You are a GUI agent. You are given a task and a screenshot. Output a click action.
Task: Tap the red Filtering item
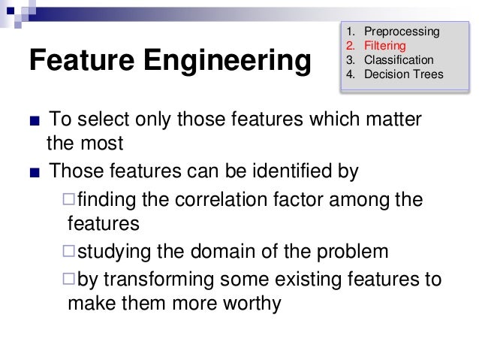(384, 46)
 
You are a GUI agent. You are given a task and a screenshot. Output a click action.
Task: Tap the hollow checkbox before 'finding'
(69, 200)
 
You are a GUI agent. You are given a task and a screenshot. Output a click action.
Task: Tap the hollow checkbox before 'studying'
(69, 251)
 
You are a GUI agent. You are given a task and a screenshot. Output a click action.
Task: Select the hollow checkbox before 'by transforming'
(69, 280)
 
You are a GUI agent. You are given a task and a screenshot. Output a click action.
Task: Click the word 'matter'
(394, 120)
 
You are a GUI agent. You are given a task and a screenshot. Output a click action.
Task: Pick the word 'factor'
(297, 201)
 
